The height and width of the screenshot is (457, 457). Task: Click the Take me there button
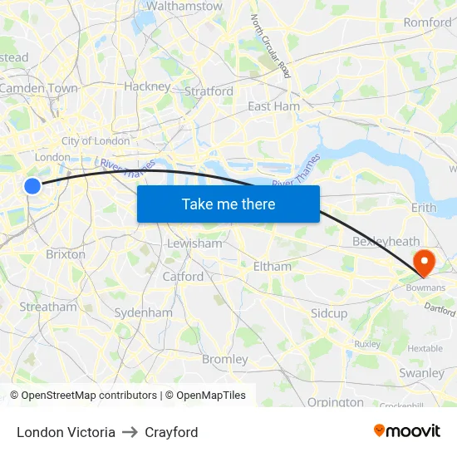pyautogui.click(x=228, y=204)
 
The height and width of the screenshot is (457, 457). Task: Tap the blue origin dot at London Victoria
pyautogui.click(x=32, y=186)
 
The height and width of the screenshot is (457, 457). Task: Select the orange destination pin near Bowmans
pyautogui.click(x=424, y=263)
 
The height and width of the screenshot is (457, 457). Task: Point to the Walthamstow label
pyautogui.click(x=184, y=6)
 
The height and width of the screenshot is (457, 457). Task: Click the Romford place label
pyautogui.click(x=427, y=22)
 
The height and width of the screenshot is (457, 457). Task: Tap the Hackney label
pyautogui.click(x=147, y=86)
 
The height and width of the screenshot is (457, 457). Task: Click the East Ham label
pyautogui.click(x=274, y=106)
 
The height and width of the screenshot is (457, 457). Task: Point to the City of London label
pyautogui.click(x=96, y=141)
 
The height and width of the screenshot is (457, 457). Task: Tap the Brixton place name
pyautogui.click(x=66, y=254)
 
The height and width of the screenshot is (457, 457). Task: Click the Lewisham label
pyautogui.click(x=194, y=243)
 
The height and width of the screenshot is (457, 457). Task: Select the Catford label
pyautogui.click(x=183, y=276)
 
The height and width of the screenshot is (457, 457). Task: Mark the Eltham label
pyautogui.click(x=272, y=267)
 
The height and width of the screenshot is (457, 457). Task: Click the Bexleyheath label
pyautogui.click(x=386, y=241)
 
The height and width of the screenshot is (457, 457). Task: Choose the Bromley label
pyautogui.click(x=225, y=359)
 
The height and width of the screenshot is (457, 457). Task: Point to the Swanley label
pyautogui.click(x=421, y=373)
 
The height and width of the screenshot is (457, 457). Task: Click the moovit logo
pyautogui.click(x=407, y=431)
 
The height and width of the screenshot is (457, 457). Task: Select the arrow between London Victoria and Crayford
pyautogui.click(x=130, y=432)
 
